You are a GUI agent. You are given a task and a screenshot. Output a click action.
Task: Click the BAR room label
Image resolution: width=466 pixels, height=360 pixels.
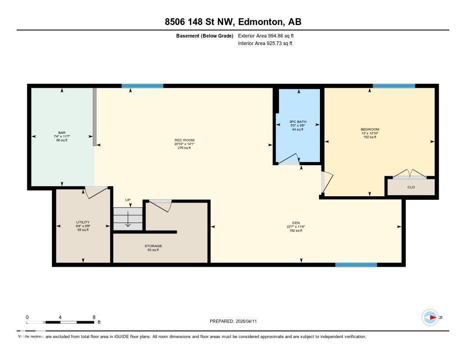(62, 132)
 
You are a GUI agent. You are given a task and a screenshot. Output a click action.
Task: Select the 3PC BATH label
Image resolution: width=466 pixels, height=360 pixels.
(298, 122)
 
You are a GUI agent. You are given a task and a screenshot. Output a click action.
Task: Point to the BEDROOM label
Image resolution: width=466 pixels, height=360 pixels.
(370, 129)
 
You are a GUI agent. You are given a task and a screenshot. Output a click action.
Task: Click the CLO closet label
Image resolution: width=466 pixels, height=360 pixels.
(411, 187)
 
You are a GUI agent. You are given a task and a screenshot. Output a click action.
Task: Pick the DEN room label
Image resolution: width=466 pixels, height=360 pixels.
(295, 223)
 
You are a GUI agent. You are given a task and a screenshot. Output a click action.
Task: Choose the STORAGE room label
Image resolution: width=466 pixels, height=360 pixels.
(153, 246)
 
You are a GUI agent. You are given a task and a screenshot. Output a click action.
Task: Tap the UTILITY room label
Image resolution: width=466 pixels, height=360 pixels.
(83, 222)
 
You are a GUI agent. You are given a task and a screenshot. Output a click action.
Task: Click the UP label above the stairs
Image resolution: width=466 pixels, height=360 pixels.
(129, 200)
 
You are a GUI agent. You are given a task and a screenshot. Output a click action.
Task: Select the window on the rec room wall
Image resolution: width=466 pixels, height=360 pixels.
(142, 86)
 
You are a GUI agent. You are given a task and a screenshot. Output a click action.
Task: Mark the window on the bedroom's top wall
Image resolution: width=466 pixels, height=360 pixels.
(394, 86)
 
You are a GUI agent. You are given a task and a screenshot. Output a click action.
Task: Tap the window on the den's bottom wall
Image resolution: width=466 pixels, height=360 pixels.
(356, 264)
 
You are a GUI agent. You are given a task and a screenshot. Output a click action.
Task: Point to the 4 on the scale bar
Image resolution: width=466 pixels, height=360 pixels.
(60, 317)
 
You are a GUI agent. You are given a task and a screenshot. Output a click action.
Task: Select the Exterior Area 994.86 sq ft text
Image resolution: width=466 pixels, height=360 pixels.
(269, 35)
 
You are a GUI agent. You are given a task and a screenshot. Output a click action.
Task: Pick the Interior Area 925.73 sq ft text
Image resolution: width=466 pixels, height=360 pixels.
(265, 43)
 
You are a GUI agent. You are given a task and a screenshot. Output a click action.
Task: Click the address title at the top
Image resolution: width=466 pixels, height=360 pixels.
(233, 21)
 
